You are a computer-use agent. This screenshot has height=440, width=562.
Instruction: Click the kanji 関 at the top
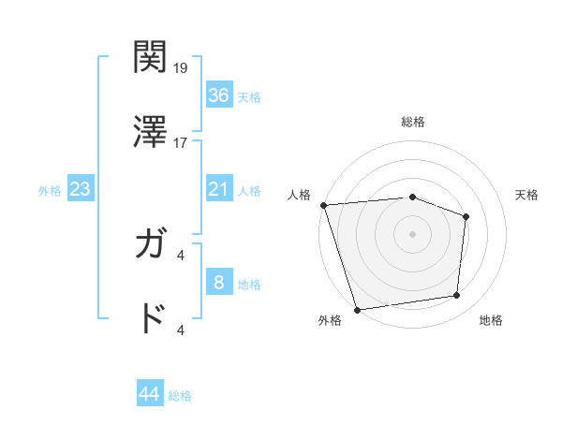coord(150,57)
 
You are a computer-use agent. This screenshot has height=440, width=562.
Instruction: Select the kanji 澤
coord(150,132)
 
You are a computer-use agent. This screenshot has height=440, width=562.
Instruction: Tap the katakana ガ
coord(150,245)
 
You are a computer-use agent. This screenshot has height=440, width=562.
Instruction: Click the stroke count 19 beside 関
coord(182,68)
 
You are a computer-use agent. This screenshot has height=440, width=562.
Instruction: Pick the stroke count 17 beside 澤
coord(182,143)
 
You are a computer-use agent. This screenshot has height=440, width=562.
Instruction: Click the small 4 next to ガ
coord(181,255)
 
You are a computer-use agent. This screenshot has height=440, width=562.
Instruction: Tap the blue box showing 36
coord(218,95)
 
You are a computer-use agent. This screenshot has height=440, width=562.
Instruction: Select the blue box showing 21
coord(218,189)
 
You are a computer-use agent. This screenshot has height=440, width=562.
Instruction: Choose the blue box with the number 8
coord(218,283)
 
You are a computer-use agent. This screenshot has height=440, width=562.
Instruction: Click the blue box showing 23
coord(81,189)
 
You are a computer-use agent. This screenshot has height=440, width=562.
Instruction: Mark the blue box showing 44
coord(150,394)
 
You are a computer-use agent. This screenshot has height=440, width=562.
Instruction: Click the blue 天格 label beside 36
coord(249,96)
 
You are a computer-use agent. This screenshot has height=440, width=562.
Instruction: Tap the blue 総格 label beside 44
coord(180,396)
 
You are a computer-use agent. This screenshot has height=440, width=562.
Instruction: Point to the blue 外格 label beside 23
coord(50,191)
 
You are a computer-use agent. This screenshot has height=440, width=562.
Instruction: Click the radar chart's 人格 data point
coord(323,205)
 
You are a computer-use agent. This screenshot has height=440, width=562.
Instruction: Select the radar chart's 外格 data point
coord(357,309)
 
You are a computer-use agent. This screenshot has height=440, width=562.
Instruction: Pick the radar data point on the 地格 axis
coord(457,296)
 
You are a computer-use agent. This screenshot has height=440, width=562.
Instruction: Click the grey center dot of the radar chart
coord(412,233)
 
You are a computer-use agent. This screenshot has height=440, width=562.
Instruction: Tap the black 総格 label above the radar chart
coord(413,122)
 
